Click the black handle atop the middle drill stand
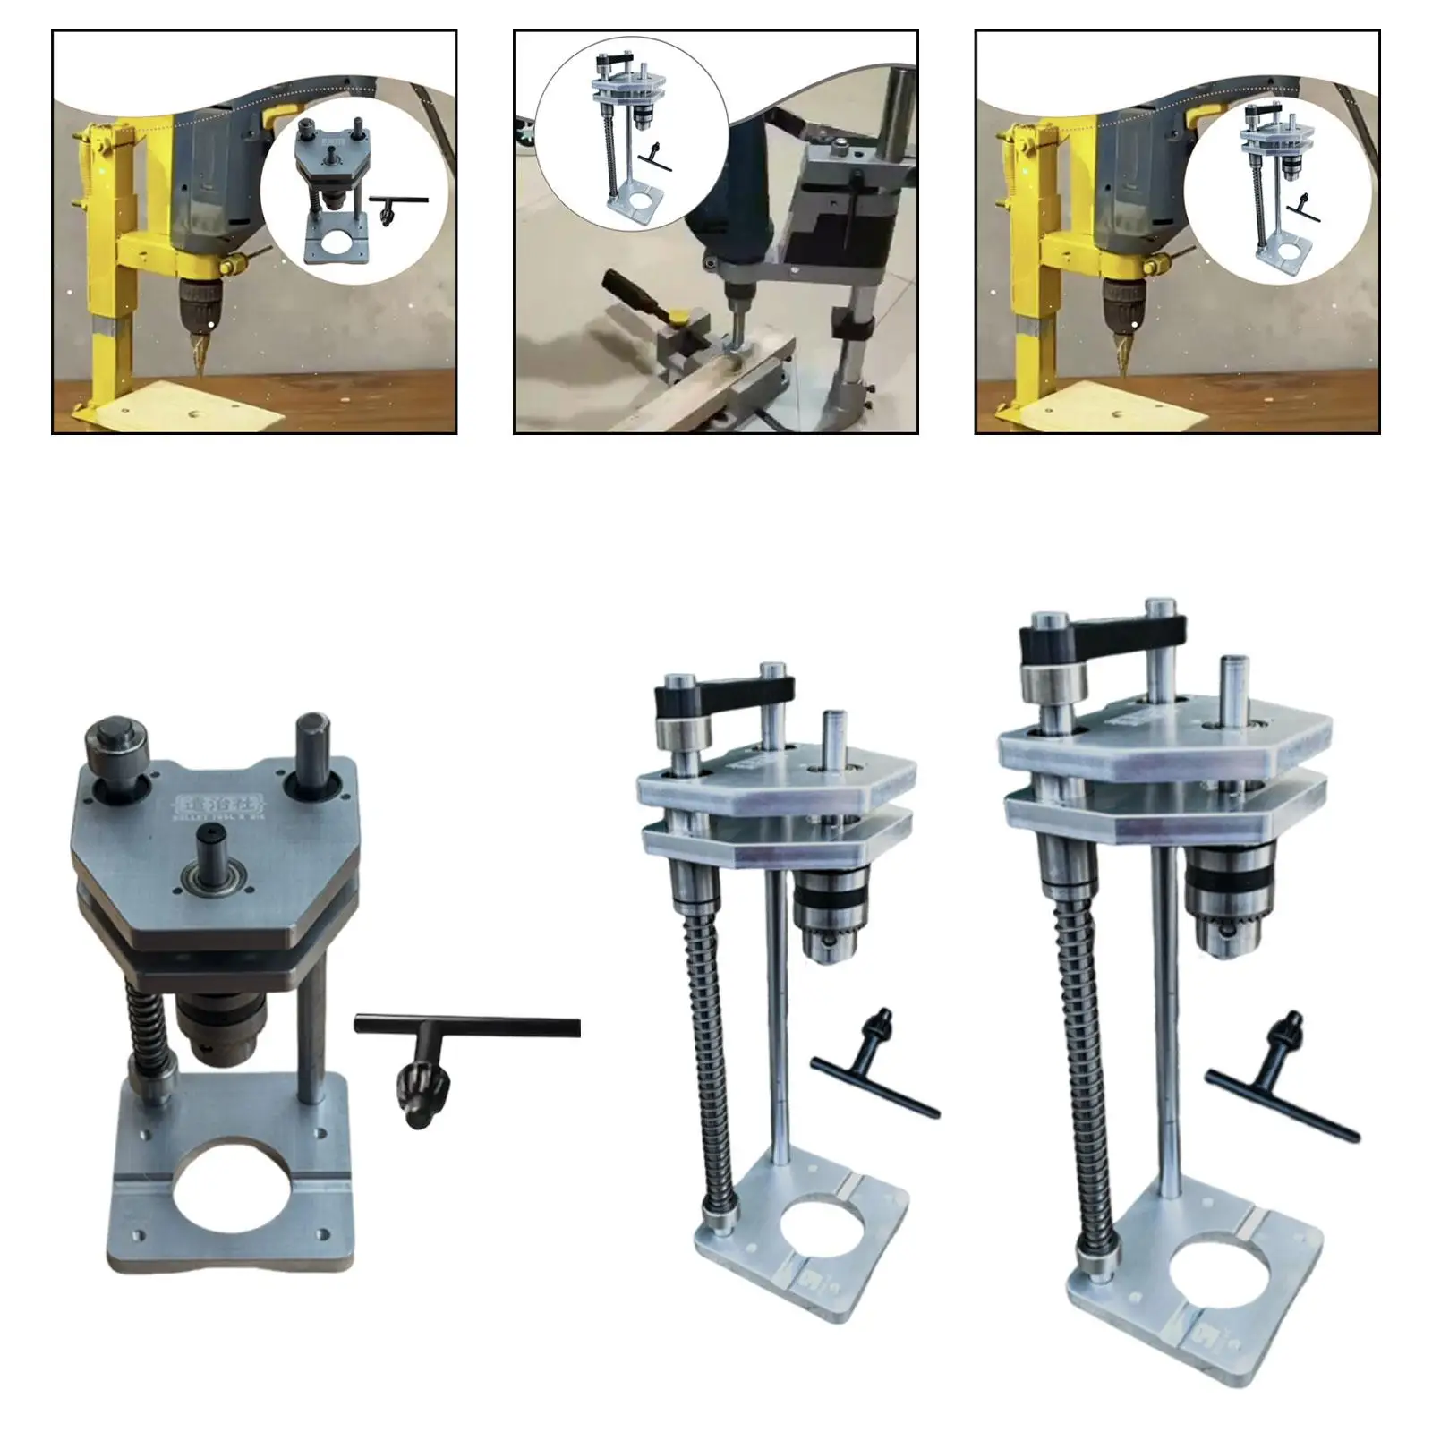(725, 691)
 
